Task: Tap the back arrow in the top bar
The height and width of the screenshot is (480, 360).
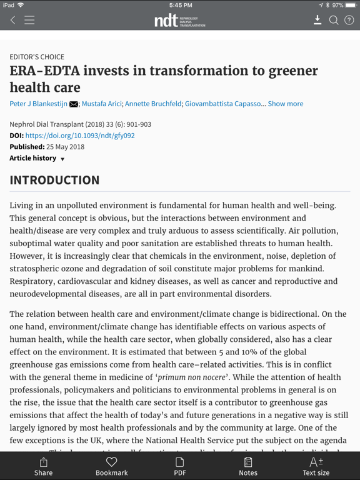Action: (x=12, y=21)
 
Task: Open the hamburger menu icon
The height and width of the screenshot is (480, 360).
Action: (x=29, y=21)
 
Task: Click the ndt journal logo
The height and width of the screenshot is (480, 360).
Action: (x=179, y=21)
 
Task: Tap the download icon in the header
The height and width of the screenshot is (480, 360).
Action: (x=317, y=20)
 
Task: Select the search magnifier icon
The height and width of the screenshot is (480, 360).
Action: (x=334, y=20)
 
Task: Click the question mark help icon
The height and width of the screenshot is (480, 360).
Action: (x=349, y=20)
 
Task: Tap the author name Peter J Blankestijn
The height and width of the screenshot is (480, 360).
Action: (x=38, y=104)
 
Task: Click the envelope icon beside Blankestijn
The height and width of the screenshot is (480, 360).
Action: (x=74, y=104)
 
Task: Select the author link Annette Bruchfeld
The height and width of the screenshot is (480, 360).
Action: (x=154, y=104)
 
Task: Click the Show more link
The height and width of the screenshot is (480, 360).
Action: (x=286, y=104)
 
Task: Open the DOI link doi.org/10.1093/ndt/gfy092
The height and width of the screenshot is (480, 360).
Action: (x=80, y=136)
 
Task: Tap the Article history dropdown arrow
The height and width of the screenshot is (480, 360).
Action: (x=62, y=159)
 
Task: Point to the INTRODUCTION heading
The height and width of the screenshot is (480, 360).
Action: (x=54, y=180)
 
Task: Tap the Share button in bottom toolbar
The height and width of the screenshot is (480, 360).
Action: (x=44, y=466)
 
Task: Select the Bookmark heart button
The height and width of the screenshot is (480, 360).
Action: (x=112, y=466)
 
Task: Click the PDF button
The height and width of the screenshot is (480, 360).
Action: (x=180, y=466)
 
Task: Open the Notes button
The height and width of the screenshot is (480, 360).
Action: (x=248, y=466)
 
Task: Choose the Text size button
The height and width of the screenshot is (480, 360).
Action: (x=316, y=466)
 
